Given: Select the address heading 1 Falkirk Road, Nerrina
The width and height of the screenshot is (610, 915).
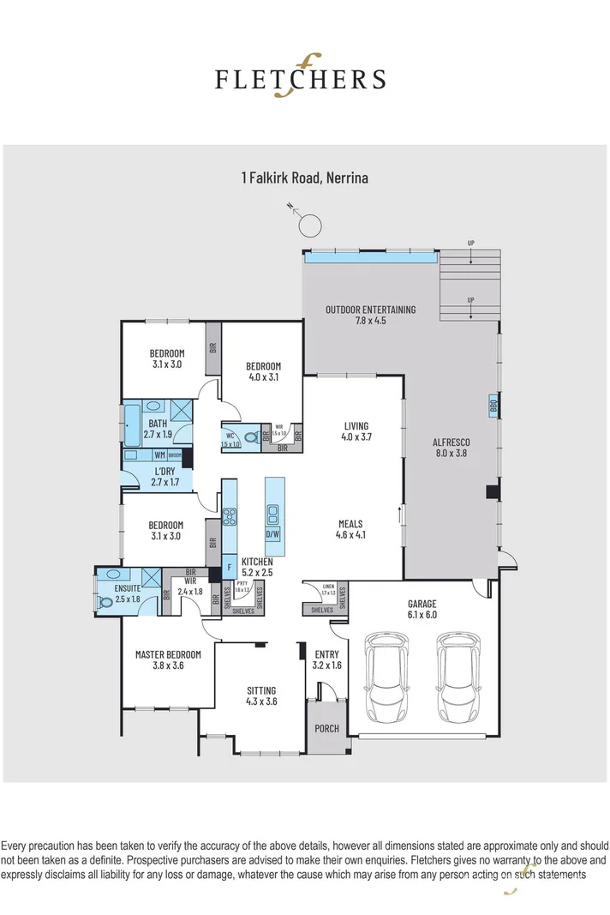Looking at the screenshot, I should click(x=304, y=179).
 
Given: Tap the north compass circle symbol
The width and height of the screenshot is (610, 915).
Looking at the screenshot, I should click(x=310, y=226).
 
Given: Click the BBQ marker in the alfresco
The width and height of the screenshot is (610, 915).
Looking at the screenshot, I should click(x=493, y=406).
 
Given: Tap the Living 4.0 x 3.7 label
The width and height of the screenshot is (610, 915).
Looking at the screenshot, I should click(x=356, y=431).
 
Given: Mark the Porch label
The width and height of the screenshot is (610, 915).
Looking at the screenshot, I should click(x=326, y=729).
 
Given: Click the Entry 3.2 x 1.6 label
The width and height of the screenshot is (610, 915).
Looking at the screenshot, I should click(x=326, y=659).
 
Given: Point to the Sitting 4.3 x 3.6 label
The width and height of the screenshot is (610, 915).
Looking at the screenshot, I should click(x=261, y=695).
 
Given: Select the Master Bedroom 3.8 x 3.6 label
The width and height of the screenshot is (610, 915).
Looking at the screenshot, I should click(x=168, y=660).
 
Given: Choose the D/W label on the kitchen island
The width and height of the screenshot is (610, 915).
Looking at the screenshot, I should click(x=272, y=533).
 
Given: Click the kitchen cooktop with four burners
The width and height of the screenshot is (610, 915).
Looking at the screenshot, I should click(x=230, y=517).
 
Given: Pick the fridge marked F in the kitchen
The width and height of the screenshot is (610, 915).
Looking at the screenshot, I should click(x=230, y=567).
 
